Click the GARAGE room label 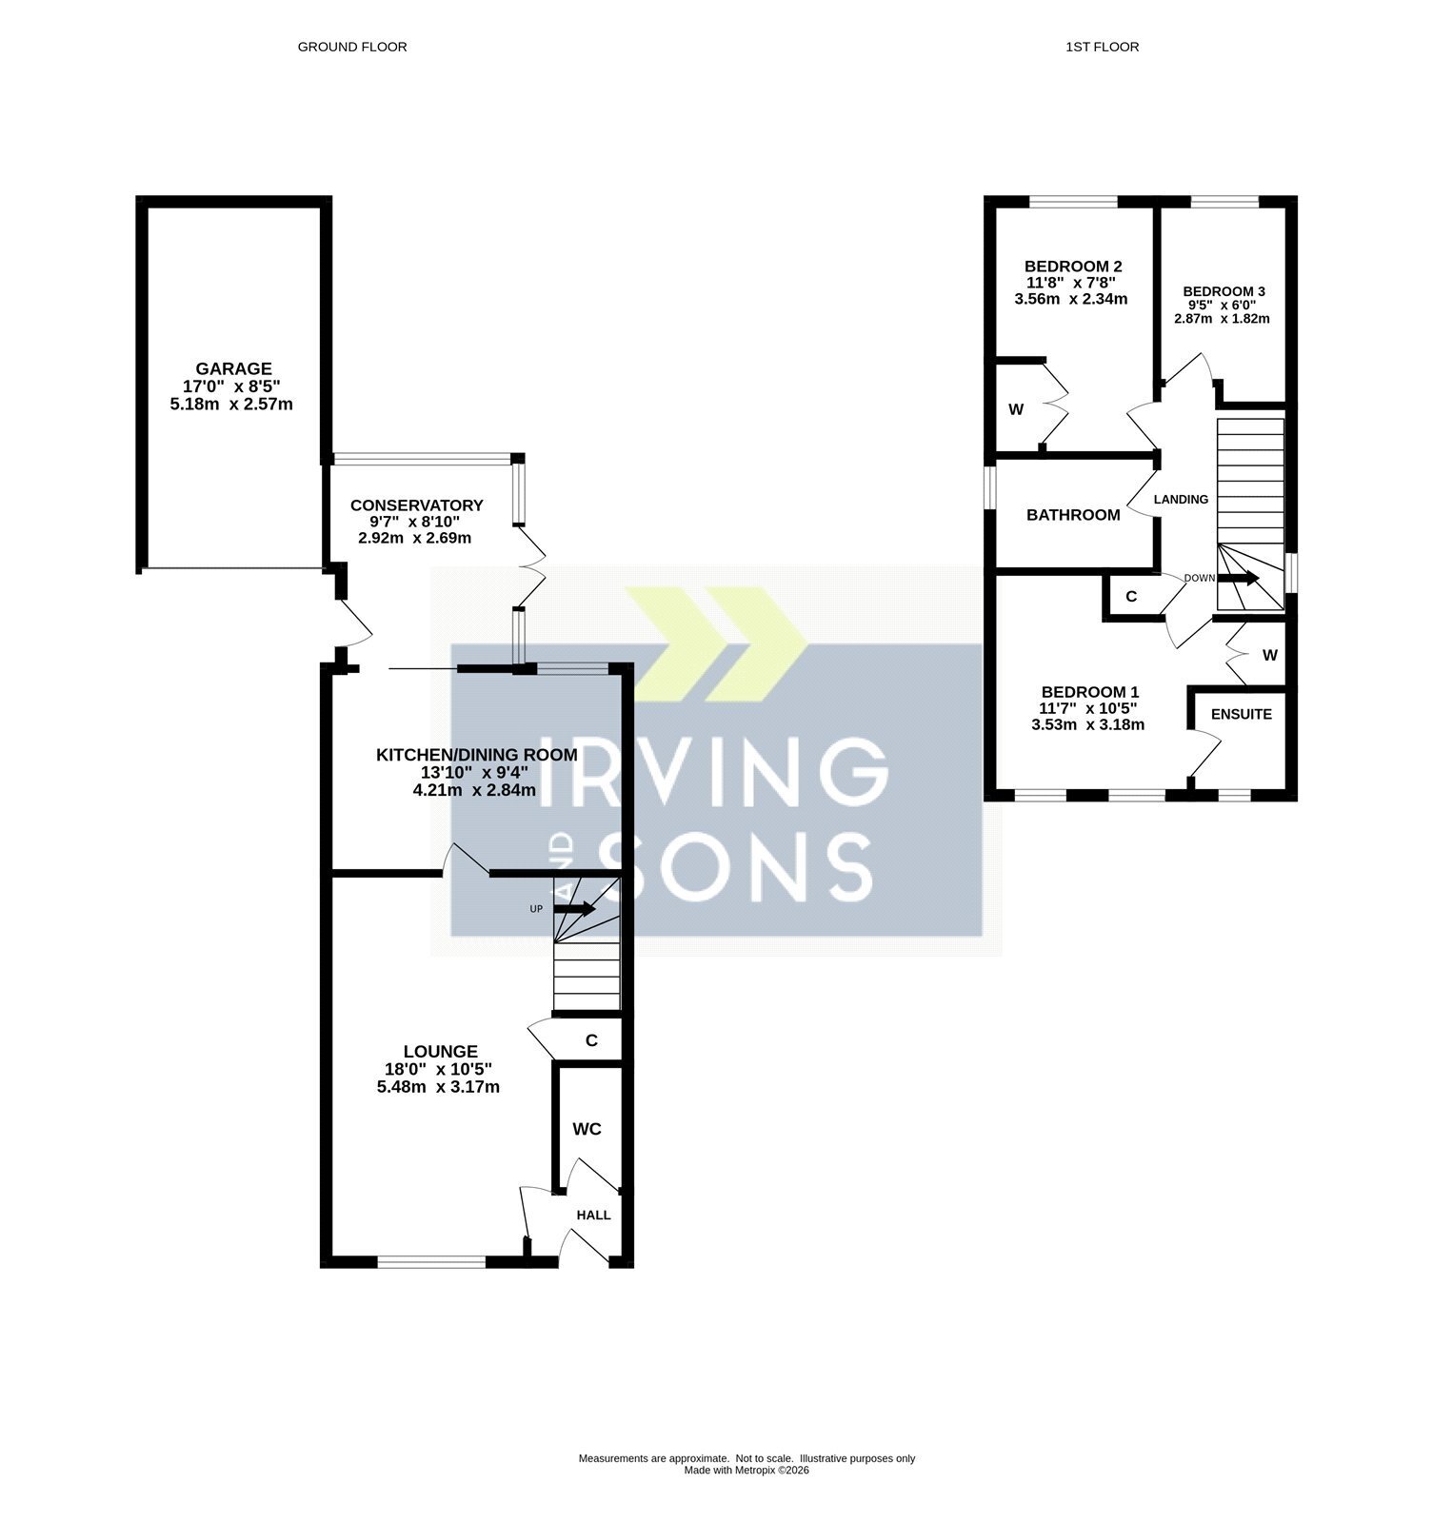(x=233, y=368)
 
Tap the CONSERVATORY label (x=416, y=505)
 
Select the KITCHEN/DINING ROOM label (x=476, y=755)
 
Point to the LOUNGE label (x=439, y=1051)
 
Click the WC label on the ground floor (x=587, y=1129)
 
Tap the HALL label (x=593, y=1216)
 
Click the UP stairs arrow (x=574, y=909)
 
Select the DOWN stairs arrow (x=1238, y=578)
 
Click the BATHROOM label (x=1073, y=515)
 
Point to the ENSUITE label (x=1241, y=714)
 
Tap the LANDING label (x=1181, y=499)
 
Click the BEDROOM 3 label (x=1224, y=291)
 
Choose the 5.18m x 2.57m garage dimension (x=230, y=404)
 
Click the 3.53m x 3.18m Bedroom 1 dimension (x=1087, y=724)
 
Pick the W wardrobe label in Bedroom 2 (x=1016, y=409)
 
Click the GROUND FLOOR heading (x=352, y=47)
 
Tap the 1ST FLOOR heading (x=1103, y=47)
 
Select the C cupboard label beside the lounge (x=591, y=1040)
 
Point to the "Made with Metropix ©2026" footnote (x=746, y=1470)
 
